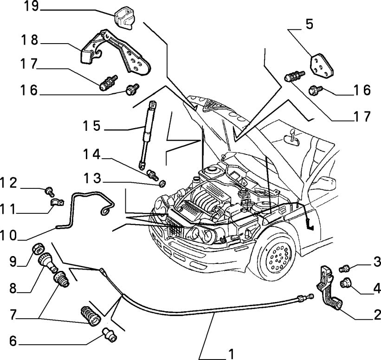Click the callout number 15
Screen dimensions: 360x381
[x=92, y=125]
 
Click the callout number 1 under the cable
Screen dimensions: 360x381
[x=229, y=354]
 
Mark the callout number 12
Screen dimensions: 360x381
[x=10, y=183]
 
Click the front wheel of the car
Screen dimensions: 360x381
[x=277, y=252]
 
